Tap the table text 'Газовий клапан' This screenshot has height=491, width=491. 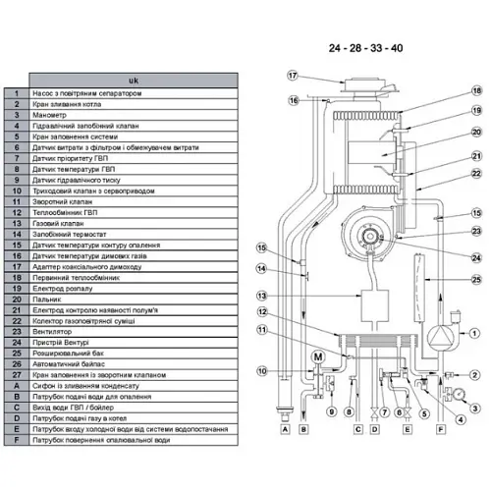click(x=60, y=223)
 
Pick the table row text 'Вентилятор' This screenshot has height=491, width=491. click(x=54, y=331)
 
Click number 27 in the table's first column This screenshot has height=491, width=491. click(x=16, y=374)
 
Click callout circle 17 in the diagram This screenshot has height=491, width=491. click(x=292, y=76)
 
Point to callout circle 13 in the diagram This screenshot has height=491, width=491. click(x=261, y=296)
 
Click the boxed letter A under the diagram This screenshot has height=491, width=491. click(x=285, y=429)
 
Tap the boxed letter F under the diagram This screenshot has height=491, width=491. click(x=440, y=429)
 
